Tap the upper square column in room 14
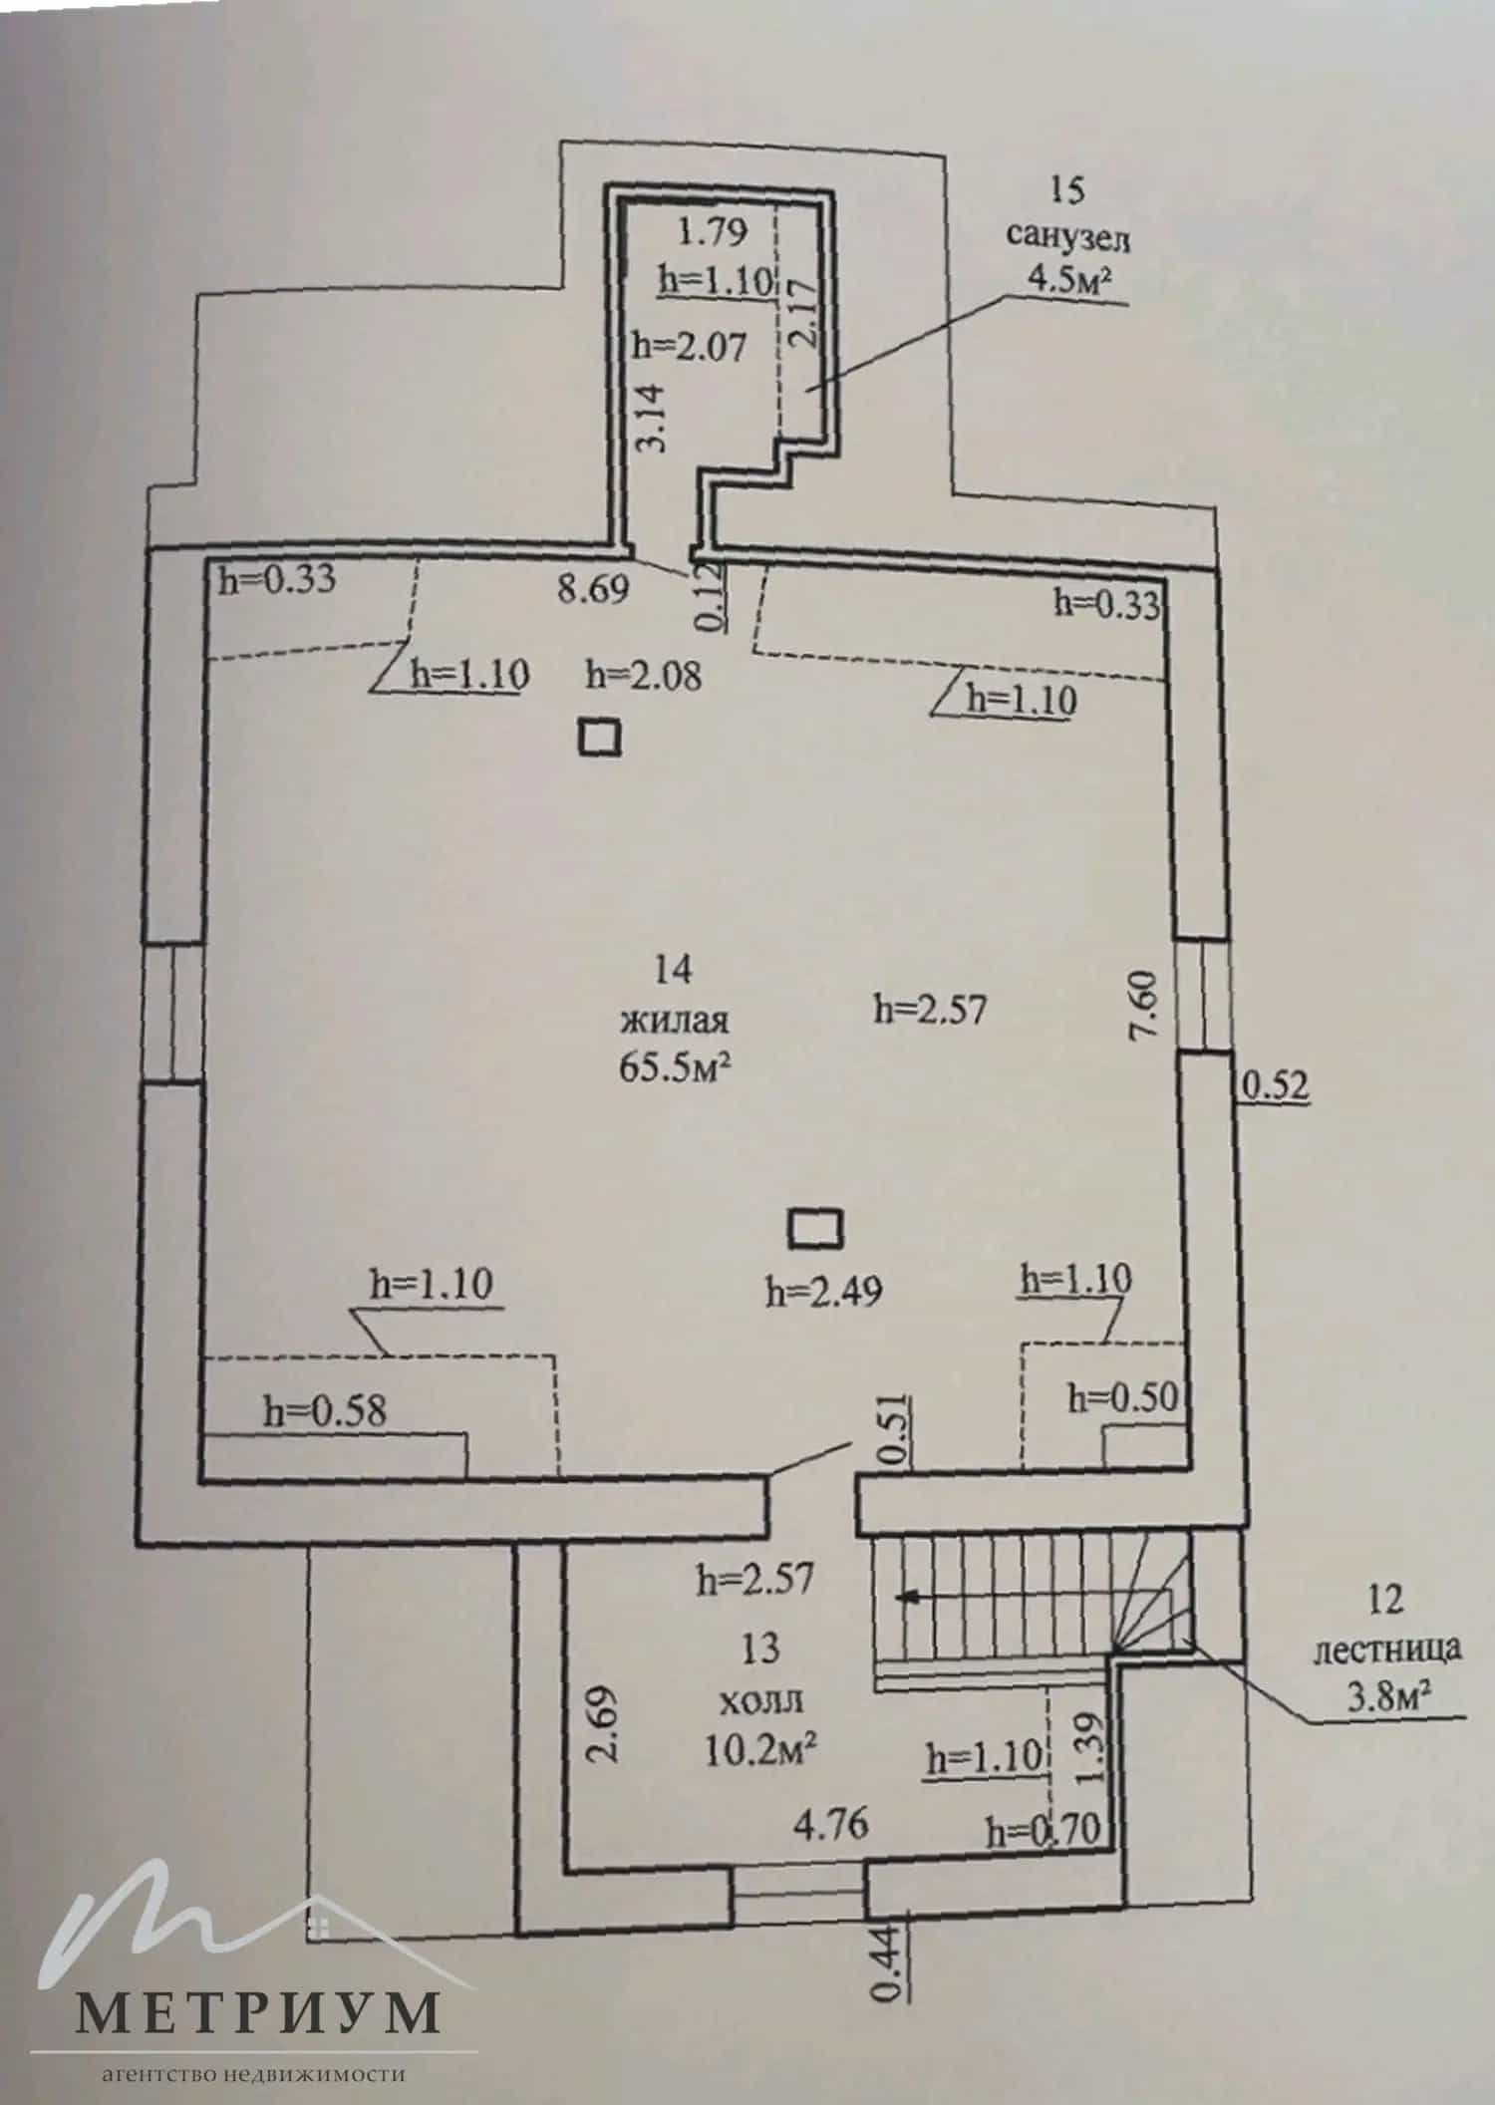pyautogui.click(x=601, y=740)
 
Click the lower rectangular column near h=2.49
pyautogui.click(x=815, y=1228)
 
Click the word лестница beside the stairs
pyautogui.click(x=1387, y=1650)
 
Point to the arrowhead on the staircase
pyautogui.click(x=906, y=1597)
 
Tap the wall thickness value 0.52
pyautogui.click(x=1274, y=1085)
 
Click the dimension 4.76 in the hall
pyautogui.click(x=831, y=1825)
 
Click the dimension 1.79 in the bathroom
pyautogui.click(x=713, y=232)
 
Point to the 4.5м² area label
pyautogui.click(x=1067, y=280)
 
